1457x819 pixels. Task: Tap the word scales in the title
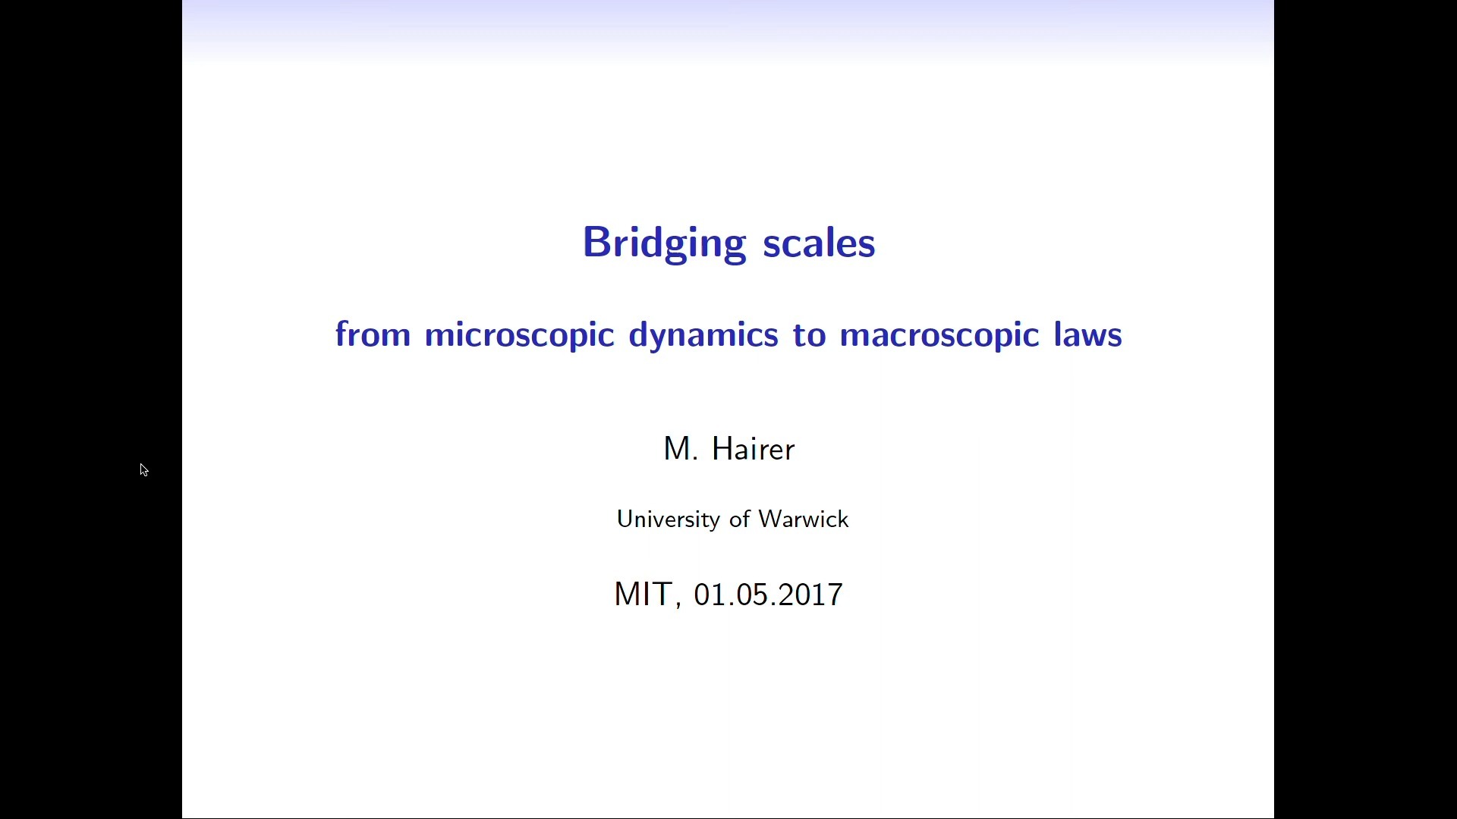819,243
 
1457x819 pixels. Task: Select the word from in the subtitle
373,334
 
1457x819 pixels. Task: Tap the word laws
1088,334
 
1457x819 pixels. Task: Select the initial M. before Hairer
681,449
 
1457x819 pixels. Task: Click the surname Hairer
754,449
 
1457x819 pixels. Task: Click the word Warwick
804,519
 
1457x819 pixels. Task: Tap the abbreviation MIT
643,594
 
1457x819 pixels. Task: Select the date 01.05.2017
769,595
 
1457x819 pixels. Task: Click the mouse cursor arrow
144,470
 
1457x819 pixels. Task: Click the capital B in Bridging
596,243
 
